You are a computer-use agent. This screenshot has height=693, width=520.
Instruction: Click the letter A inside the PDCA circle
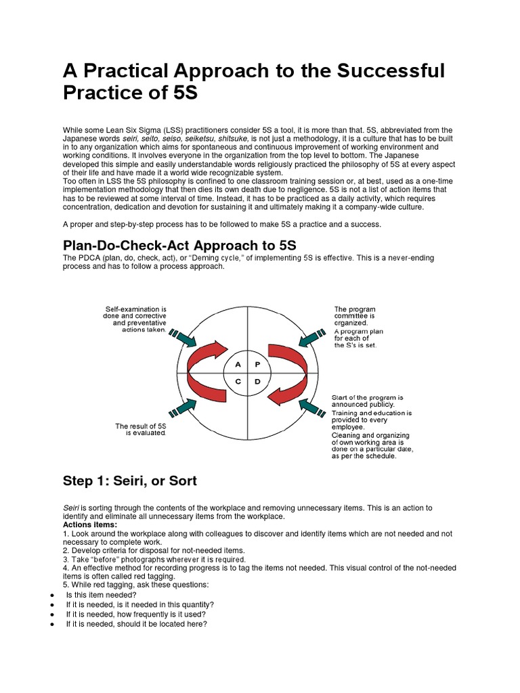click(x=238, y=364)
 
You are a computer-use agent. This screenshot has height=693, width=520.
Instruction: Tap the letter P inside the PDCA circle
click(x=257, y=364)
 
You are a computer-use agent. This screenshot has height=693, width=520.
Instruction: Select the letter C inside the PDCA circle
click(x=238, y=382)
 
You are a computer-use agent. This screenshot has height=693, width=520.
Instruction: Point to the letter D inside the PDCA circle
click(x=257, y=382)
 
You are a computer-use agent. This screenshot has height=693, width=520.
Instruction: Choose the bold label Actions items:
click(x=90, y=524)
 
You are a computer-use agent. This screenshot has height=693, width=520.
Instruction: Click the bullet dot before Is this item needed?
click(x=53, y=595)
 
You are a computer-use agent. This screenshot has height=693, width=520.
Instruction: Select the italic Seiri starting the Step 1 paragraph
click(x=71, y=508)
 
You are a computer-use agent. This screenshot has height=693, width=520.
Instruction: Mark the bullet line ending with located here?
click(x=135, y=623)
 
